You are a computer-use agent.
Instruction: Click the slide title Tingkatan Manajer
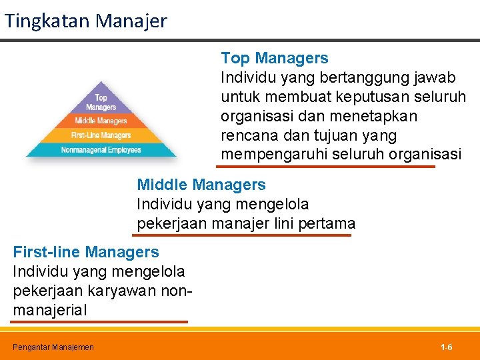click(x=85, y=21)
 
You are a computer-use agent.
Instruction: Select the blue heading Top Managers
click(x=274, y=58)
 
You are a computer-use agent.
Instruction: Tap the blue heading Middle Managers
click(x=201, y=185)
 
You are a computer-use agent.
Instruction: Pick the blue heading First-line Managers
click(x=86, y=252)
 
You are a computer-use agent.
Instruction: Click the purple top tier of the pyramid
click(x=101, y=101)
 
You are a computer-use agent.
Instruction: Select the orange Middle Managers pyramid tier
click(x=101, y=121)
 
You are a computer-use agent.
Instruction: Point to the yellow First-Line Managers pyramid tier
click(x=101, y=135)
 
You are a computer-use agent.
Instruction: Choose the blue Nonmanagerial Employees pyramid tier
click(x=101, y=150)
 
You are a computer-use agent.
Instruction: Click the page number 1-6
click(x=446, y=347)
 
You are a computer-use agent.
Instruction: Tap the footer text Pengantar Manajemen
click(x=53, y=347)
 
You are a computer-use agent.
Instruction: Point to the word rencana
click(x=247, y=136)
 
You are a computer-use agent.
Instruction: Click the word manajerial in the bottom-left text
click(x=49, y=311)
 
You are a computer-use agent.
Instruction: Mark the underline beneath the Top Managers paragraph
click(x=327, y=167)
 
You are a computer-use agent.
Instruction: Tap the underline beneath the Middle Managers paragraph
click(x=243, y=235)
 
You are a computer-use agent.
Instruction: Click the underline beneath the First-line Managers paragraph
click(x=99, y=321)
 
